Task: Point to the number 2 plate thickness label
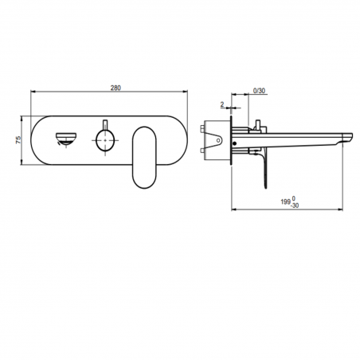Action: (222, 104)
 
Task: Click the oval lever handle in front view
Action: (145, 159)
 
